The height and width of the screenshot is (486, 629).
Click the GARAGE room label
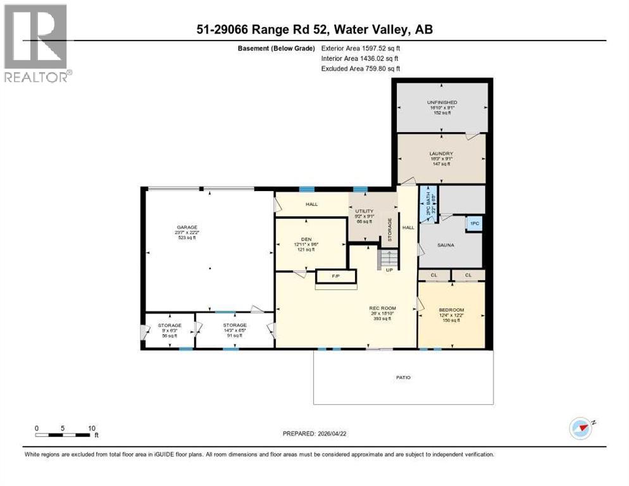pyautogui.click(x=187, y=227)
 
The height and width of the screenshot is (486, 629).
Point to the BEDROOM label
pyautogui.click(x=451, y=309)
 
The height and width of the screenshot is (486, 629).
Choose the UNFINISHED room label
pyautogui.click(x=442, y=103)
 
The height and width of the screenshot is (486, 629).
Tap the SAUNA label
pyautogui.click(x=445, y=244)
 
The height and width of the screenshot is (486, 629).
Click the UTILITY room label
pyautogui.click(x=364, y=211)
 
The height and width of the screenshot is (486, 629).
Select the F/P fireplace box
pyautogui.click(x=335, y=276)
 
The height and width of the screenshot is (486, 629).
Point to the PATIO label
pyautogui.click(x=403, y=378)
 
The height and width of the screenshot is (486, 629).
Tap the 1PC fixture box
pyautogui.click(x=474, y=223)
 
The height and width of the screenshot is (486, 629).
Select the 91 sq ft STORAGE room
pyautogui.click(x=234, y=330)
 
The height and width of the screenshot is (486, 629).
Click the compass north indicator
pyautogui.click(x=581, y=428)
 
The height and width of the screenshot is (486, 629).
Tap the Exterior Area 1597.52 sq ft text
pyautogui.click(x=361, y=48)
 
